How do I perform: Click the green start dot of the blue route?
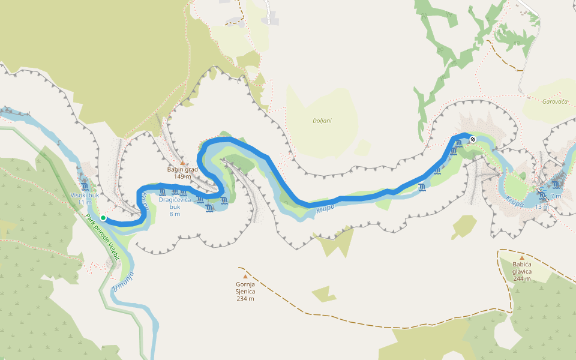pos(103,218)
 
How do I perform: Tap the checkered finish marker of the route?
pos(473,140)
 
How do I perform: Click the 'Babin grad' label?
pos(182,169)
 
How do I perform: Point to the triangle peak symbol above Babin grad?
pos(182,162)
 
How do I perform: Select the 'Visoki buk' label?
pos(85,195)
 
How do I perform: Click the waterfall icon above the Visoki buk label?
pos(85,187)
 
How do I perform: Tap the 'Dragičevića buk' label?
pos(175,199)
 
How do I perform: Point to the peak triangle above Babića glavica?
pos(521,257)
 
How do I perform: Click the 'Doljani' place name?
pos(322,121)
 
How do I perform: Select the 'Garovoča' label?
pos(554,102)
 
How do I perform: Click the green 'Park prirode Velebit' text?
pos(103,238)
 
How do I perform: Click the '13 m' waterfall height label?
pos(542,207)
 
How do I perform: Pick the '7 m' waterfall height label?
pos(556,196)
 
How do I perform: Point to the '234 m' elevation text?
pos(245,298)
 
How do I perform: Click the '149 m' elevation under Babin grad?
pos(182,176)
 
